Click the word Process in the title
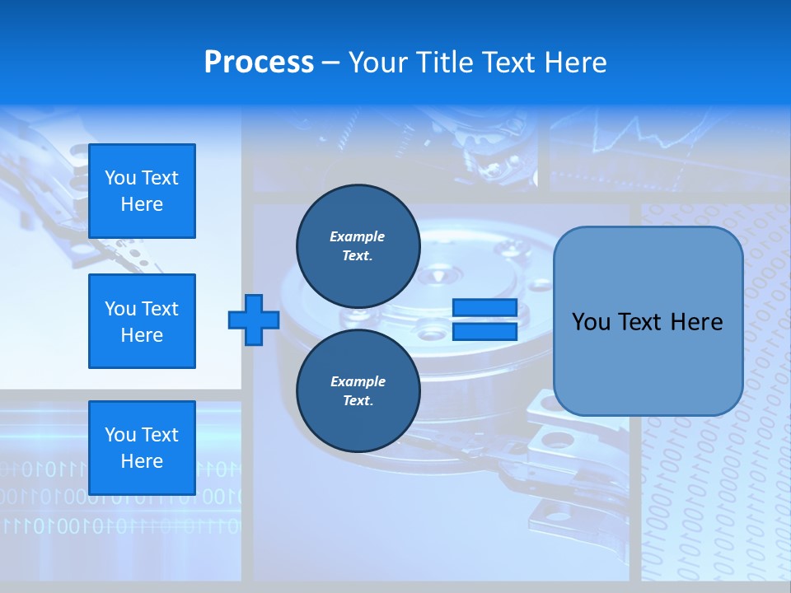[259, 63]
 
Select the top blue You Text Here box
[142, 191]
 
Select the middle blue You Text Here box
[142, 321]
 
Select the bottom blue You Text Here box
[142, 447]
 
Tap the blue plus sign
[254, 320]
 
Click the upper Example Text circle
[358, 246]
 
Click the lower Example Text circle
[358, 391]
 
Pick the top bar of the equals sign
[484, 308]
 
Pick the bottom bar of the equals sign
[484, 331]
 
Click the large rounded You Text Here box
[648, 321]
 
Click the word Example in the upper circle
[358, 236]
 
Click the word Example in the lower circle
[358, 381]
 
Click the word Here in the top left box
[142, 204]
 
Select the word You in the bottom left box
[119, 435]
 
